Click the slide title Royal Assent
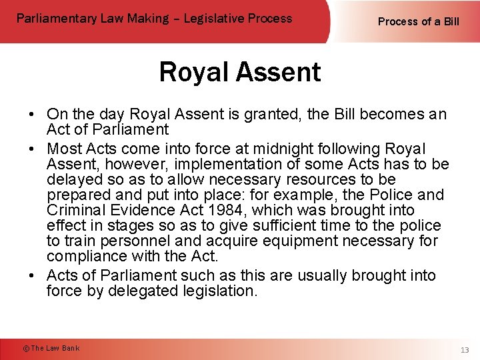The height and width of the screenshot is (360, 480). [x=240, y=72]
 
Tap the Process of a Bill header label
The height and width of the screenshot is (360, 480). [x=418, y=21]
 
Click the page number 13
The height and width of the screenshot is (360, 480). [x=464, y=350]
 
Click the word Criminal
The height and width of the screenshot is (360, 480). [x=75, y=211]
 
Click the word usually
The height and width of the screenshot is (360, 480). [x=320, y=275]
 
